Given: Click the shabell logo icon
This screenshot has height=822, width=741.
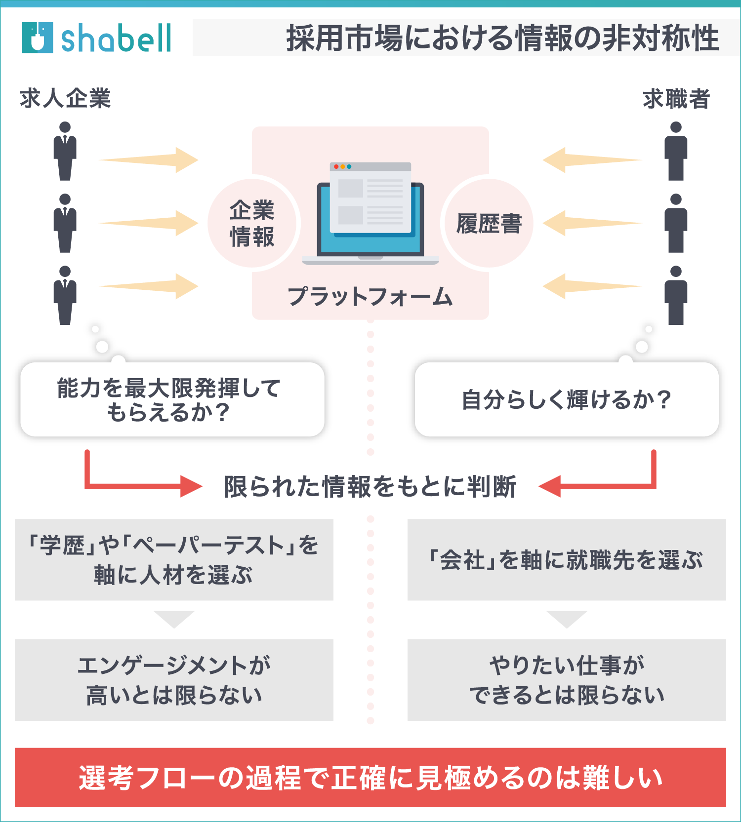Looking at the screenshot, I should [x=38, y=38].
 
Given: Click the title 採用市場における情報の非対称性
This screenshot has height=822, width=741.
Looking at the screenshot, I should [x=502, y=38].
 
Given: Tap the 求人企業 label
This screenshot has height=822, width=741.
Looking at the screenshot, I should [x=65, y=98].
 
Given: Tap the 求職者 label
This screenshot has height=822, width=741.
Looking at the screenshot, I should [x=676, y=99].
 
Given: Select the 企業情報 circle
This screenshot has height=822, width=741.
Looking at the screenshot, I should [x=252, y=224].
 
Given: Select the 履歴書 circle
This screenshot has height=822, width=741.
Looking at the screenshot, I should [x=489, y=224].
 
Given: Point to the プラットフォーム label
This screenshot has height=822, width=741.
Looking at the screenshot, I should [x=370, y=297].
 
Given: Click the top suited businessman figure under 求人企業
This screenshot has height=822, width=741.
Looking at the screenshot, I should [x=65, y=151].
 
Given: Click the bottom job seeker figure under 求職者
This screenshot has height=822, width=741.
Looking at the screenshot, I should [x=676, y=295].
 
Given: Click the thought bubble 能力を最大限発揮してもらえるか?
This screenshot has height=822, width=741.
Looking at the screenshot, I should [x=172, y=399].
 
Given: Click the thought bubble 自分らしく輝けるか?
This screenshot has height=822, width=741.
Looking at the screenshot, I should [x=567, y=399].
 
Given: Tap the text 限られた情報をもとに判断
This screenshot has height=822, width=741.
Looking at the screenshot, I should [x=370, y=487].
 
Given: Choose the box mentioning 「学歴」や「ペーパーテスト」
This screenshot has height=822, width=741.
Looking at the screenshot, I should [x=174, y=559].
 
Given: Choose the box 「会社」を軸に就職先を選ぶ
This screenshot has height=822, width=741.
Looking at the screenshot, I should [x=567, y=559].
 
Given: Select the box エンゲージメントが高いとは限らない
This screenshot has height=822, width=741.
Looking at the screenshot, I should [x=174, y=680].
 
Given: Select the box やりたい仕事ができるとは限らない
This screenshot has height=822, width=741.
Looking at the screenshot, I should [x=567, y=680].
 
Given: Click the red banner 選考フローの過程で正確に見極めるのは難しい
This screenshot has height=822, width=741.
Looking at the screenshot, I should [x=370, y=777].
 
